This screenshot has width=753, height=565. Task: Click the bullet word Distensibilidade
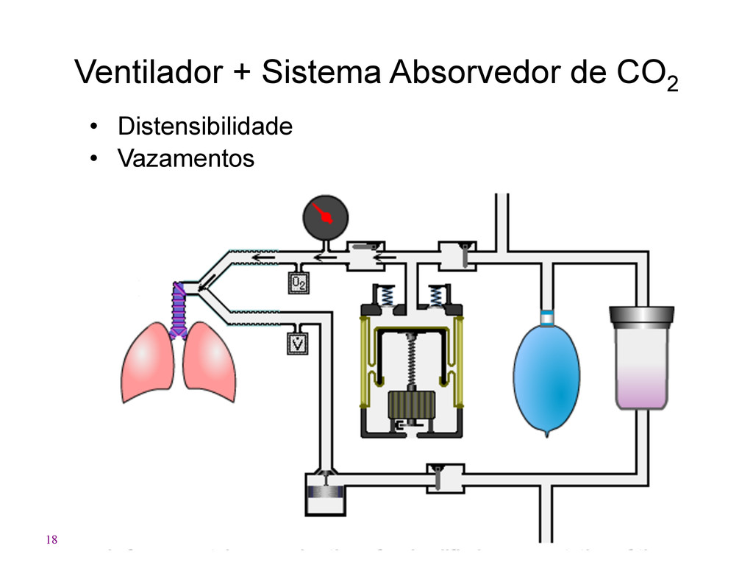[x=205, y=127]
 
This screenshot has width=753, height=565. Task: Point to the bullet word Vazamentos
[x=186, y=158]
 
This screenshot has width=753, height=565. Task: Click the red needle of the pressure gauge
[x=321, y=213]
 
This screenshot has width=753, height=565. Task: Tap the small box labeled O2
[x=298, y=282]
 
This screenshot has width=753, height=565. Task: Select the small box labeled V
[x=298, y=343]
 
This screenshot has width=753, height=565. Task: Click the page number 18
[x=51, y=541]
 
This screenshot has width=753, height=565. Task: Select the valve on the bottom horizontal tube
[x=444, y=478]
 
